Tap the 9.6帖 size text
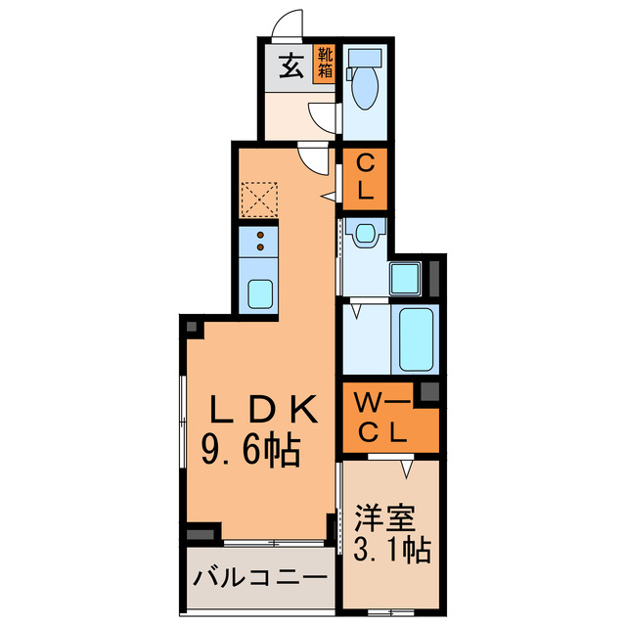[251, 451]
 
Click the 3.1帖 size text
[387, 551]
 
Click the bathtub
[416, 337]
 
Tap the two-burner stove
[260, 241]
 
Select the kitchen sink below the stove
[260, 292]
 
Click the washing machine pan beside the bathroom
[406, 278]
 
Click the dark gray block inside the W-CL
[427, 393]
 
